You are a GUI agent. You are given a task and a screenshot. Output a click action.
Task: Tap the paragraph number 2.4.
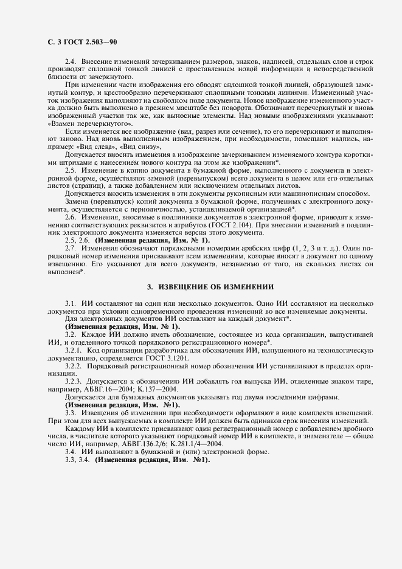click(71, 63)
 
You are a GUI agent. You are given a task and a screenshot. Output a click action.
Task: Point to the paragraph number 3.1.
click(71, 302)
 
